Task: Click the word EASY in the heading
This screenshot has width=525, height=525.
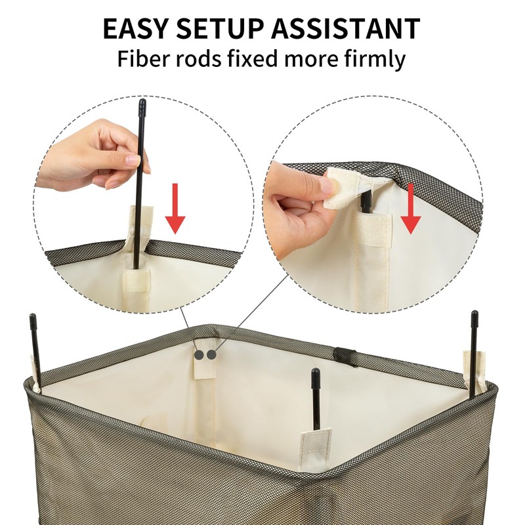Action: click(135, 28)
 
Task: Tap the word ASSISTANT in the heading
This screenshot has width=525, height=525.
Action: click(345, 28)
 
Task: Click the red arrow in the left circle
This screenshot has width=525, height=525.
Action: click(175, 208)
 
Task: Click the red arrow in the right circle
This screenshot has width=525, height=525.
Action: click(411, 209)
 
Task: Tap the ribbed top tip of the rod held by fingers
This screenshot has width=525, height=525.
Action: click(142, 106)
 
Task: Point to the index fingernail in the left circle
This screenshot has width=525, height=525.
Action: click(133, 160)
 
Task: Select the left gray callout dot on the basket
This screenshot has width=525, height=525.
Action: click(199, 355)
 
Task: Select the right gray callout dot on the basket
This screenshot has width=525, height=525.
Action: click(211, 355)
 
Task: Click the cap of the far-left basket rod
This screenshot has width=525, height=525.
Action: click(33, 322)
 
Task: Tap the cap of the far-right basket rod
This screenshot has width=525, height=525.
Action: click(474, 319)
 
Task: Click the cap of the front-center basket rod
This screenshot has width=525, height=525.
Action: click(316, 379)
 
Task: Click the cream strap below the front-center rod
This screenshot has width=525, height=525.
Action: click(315, 450)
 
